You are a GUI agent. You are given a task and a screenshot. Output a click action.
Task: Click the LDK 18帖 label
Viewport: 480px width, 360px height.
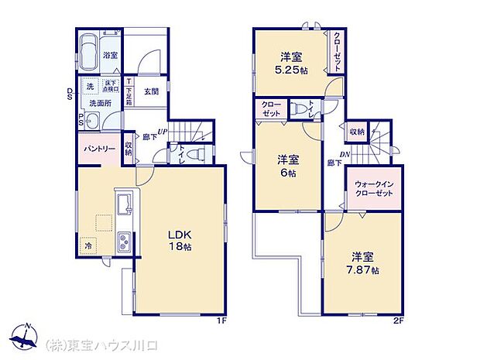point(180,240)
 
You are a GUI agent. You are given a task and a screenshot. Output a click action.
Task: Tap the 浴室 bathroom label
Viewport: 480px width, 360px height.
point(111,56)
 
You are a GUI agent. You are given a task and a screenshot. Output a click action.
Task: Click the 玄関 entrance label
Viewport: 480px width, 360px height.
point(151,91)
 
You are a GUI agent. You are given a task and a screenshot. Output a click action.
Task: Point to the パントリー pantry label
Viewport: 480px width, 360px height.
point(95,148)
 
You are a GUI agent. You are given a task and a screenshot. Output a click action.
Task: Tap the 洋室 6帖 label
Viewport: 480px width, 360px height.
point(288,166)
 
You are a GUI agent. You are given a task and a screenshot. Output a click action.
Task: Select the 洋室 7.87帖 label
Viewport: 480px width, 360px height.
point(362,263)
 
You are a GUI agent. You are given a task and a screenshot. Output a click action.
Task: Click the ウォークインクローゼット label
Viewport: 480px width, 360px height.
point(374,190)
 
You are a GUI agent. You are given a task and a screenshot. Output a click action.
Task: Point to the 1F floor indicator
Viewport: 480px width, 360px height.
point(221,320)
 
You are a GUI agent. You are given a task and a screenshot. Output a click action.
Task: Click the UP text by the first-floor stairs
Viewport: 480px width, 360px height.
point(163,131)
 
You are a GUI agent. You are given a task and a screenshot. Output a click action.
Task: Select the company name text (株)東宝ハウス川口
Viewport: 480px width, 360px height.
point(98,343)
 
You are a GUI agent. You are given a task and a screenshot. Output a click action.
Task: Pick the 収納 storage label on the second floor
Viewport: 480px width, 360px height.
point(356,132)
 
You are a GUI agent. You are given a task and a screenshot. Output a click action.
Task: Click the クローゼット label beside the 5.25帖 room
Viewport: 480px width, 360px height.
point(338,51)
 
